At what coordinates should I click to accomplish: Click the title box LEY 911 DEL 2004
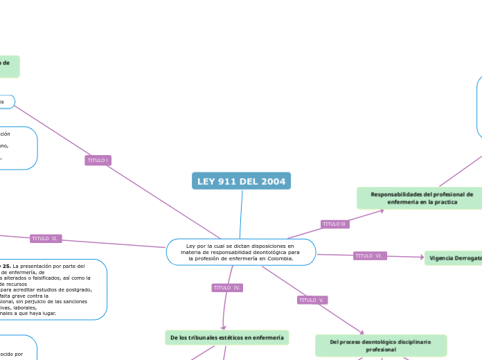pos(241,181)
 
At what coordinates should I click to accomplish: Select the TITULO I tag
pos(98,160)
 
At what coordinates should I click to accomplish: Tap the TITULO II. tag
pos(46,239)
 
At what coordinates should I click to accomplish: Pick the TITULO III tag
pos(335,224)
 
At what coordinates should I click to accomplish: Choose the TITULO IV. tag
pos(227,287)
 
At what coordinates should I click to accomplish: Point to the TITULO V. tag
pos(312,300)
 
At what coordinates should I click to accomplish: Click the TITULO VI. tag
pos(370,256)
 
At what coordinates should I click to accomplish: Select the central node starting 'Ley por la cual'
pos(240,252)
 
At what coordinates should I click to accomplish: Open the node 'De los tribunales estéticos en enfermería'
pos(226,337)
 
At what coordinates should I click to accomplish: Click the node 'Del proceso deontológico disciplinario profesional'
pos(380,345)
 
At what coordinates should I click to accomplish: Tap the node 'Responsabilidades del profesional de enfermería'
pos(421,198)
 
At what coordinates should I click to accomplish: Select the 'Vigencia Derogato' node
pos(454,258)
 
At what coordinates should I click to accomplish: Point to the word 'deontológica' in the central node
pos(265,252)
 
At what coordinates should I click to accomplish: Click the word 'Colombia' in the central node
pos(277,258)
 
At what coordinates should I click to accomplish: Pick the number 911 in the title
pos(230,181)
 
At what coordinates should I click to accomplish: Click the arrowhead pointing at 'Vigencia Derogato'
pos(421,258)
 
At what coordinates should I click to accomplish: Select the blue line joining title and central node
pos(241,215)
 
